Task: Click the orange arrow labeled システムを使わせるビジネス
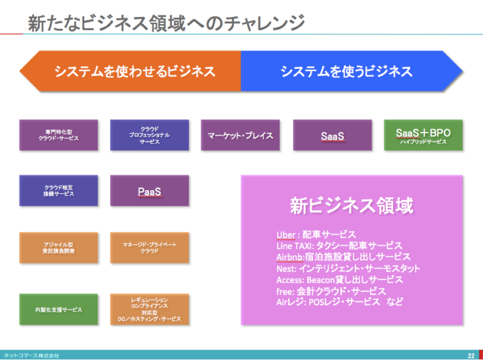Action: point(131,71)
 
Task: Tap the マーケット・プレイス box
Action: point(240,135)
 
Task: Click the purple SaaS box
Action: point(332,135)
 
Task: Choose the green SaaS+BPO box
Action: point(423,135)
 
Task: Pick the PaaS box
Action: point(150,191)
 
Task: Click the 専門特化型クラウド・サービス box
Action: point(58,135)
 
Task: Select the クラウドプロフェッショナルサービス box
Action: point(150,135)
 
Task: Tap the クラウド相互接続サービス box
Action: point(58,191)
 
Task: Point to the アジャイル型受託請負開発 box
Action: point(58,247)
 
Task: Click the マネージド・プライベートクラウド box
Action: point(150,247)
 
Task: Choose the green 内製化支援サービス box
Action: point(58,310)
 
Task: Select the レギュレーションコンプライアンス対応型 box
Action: point(150,310)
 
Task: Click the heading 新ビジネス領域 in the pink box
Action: point(351,206)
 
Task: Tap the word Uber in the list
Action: point(286,235)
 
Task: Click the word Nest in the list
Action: point(286,268)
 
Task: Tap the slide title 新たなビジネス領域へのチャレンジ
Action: point(166,23)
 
